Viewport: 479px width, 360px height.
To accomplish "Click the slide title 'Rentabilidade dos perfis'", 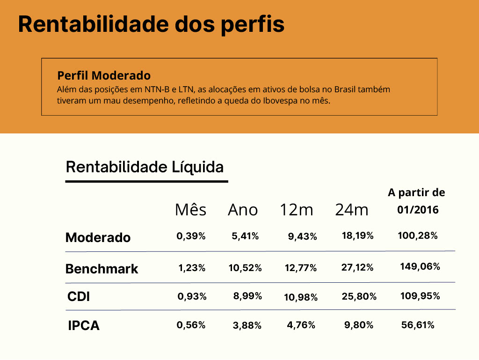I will coord(151,23).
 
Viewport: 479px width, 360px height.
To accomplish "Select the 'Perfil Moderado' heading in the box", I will coord(104,75).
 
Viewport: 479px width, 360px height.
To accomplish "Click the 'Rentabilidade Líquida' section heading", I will coord(145,167).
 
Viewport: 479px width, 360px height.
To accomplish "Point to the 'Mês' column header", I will coord(190,210).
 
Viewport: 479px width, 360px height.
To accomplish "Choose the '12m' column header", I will coord(297,210).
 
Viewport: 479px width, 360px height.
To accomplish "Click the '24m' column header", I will coord(352,210).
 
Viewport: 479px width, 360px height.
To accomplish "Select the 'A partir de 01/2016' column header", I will coord(417,201).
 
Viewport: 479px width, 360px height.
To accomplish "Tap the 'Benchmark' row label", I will coord(102,269).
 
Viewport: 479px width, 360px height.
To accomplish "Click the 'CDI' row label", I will coord(79,297).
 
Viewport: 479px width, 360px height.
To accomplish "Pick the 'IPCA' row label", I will coord(84,326).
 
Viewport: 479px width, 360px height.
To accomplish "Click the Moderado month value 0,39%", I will coord(191,236).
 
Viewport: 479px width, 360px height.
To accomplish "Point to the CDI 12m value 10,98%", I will coord(301,297).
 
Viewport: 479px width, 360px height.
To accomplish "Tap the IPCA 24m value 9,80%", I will coord(359,325).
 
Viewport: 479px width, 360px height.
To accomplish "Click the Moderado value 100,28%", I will coord(418,235).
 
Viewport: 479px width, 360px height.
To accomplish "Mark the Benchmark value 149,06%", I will coord(420,267).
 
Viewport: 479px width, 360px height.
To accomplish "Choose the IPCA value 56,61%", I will coord(418,325).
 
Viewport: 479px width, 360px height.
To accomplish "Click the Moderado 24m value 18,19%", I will coord(358,235).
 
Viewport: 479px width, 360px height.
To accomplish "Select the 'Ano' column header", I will coord(243,210).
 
